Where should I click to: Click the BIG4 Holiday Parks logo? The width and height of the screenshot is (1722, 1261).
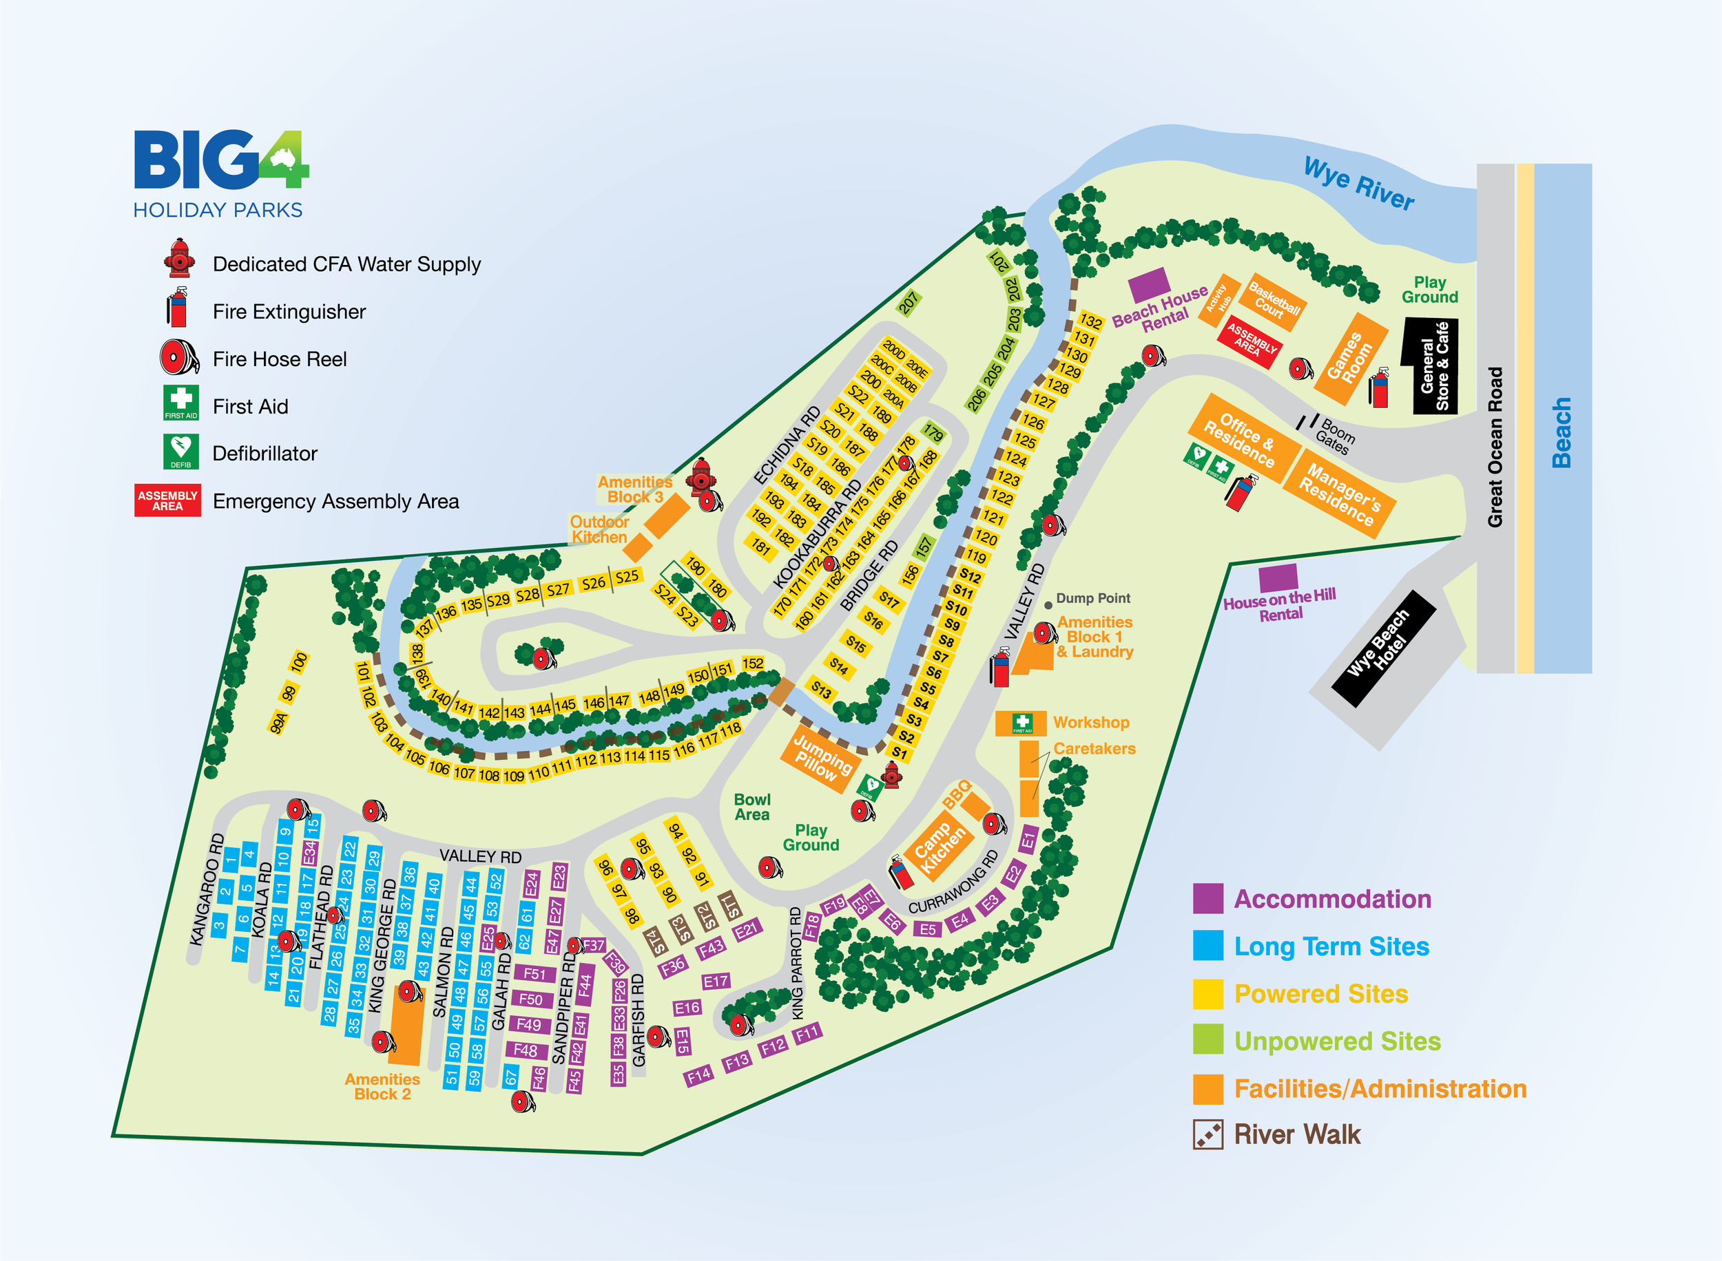(220, 174)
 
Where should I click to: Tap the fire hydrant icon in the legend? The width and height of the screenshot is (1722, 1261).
(180, 259)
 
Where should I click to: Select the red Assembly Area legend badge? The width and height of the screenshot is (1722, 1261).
(168, 500)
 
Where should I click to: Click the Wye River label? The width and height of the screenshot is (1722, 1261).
(1358, 183)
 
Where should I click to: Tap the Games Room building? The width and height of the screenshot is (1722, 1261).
(1350, 359)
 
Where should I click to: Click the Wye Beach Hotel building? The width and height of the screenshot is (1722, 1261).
(1384, 648)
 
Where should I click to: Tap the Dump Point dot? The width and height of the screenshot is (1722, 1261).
(1048, 605)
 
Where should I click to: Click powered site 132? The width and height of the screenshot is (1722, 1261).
(1090, 321)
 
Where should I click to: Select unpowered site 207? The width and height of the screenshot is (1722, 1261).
(908, 303)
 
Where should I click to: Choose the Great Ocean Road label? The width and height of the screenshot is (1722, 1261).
(1495, 447)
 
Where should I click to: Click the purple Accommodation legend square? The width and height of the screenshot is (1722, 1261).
(1208, 898)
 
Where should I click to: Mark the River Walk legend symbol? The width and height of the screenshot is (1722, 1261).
(1208, 1134)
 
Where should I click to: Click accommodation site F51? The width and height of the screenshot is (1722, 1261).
(535, 974)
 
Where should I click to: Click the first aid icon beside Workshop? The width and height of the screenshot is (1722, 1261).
(1021, 722)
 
